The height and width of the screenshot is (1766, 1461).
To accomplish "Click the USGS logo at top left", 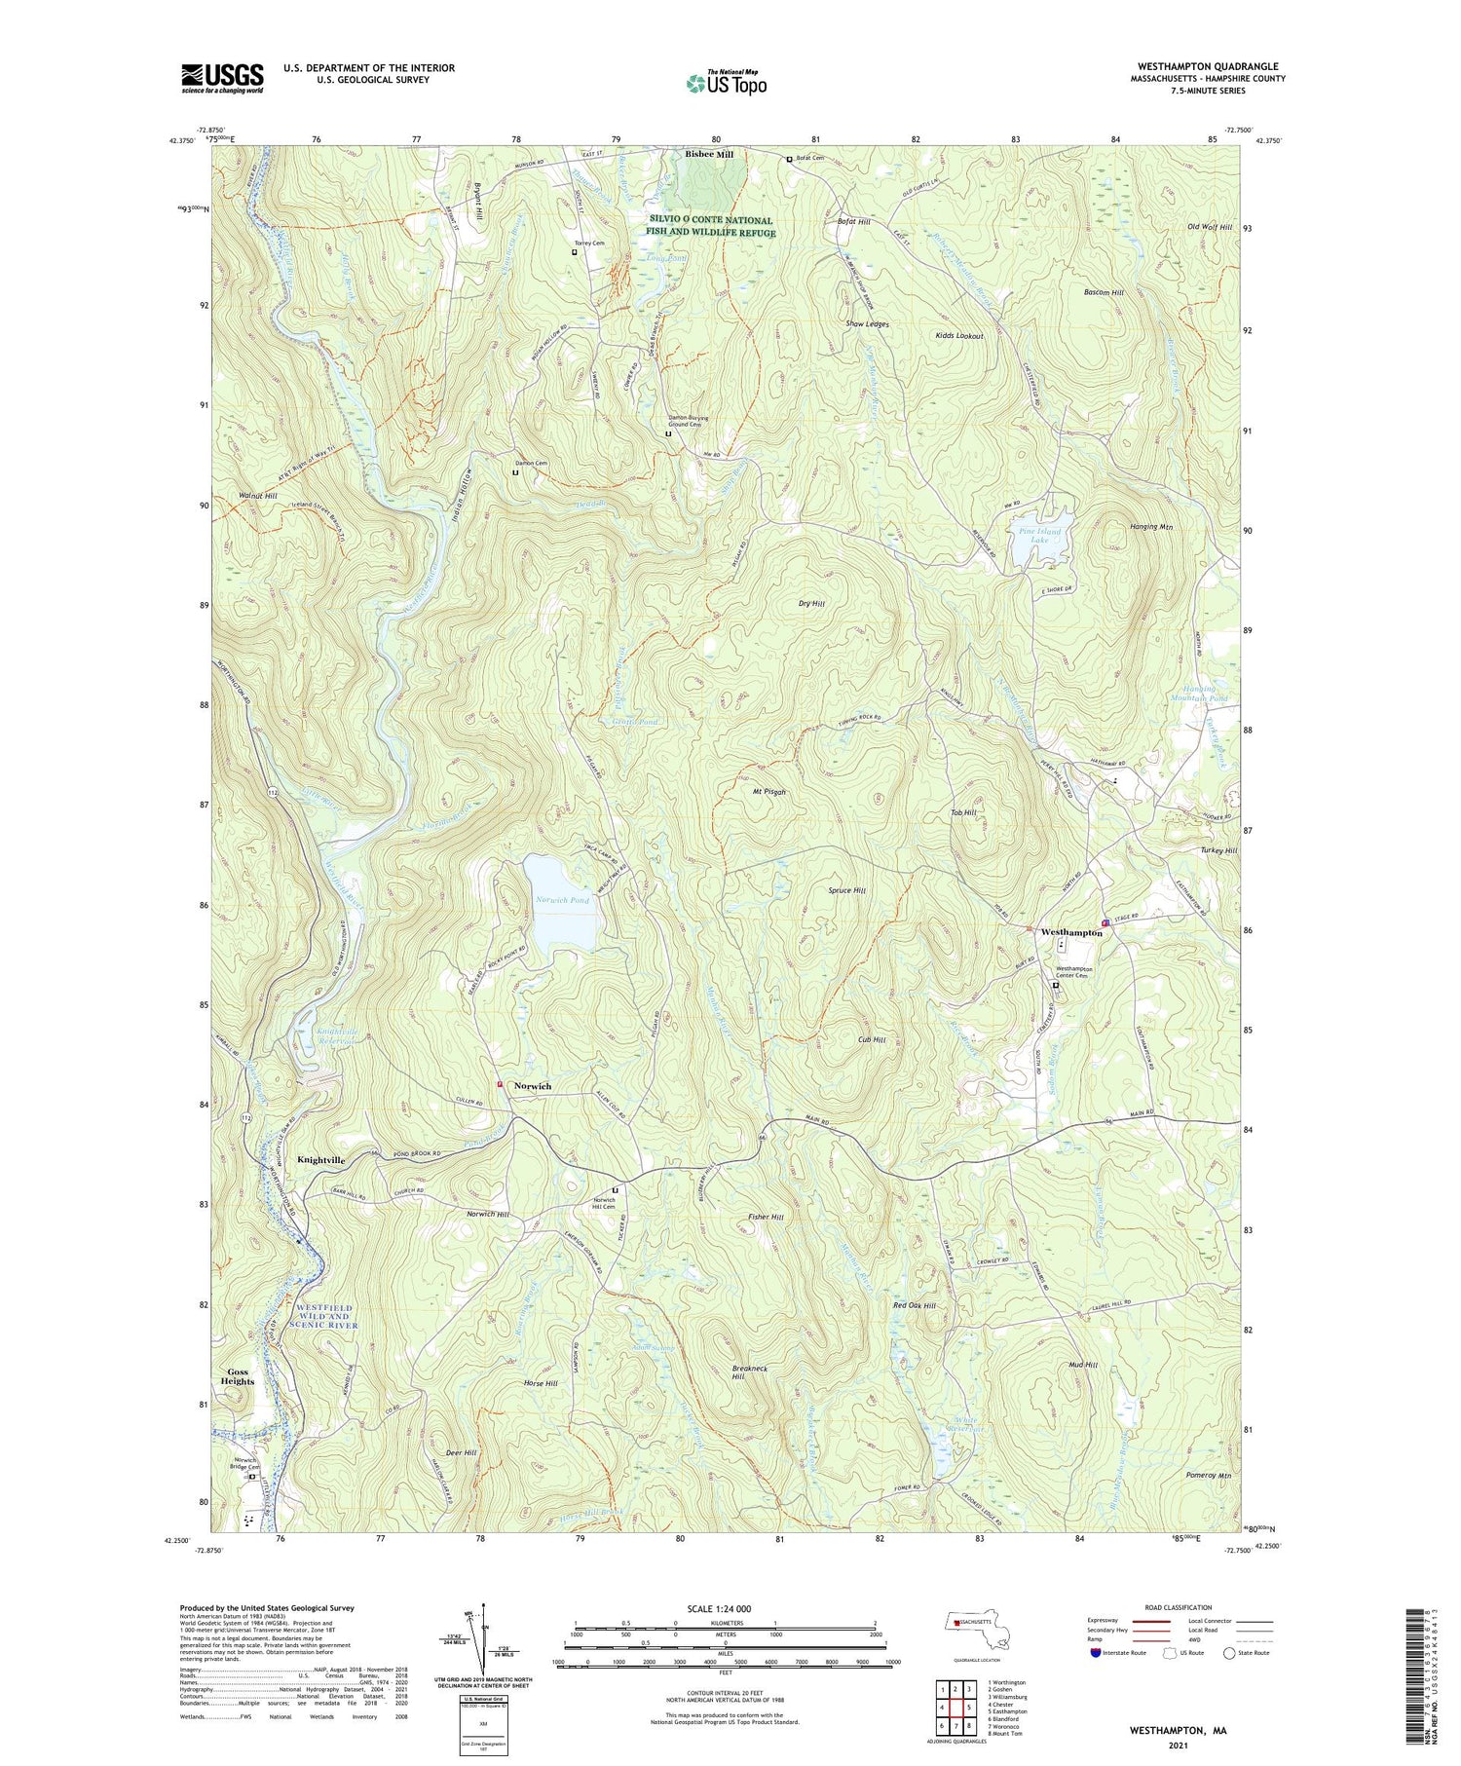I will [x=222, y=78].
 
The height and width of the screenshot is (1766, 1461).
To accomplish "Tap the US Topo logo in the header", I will [x=726, y=84].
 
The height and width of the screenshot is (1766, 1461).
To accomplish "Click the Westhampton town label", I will [x=1071, y=932].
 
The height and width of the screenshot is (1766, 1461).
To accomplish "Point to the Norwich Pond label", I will [x=562, y=900].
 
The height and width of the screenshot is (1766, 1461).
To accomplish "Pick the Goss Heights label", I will [x=237, y=1376].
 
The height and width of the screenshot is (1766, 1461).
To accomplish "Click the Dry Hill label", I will [x=811, y=604].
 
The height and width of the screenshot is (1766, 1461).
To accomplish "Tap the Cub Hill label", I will [x=871, y=1040].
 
